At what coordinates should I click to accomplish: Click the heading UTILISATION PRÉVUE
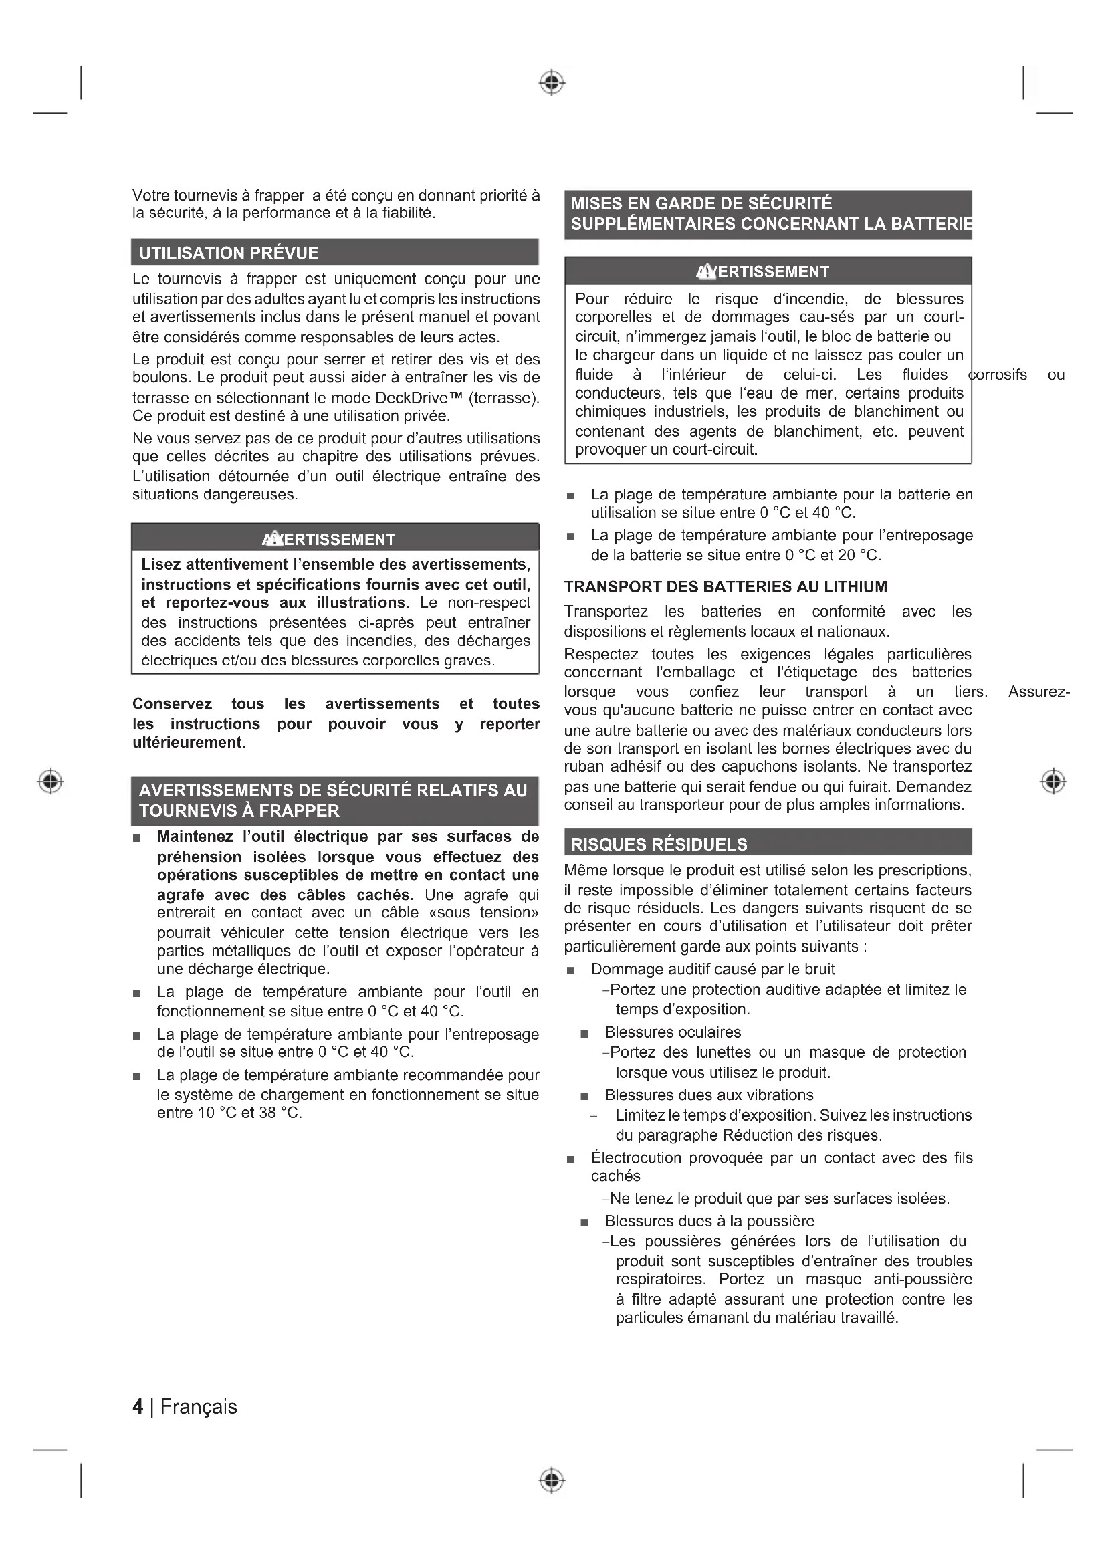click(x=229, y=253)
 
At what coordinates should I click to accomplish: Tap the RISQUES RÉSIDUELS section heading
click(x=659, y=845)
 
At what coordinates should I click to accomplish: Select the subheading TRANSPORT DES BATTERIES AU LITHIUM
click(x=726, y=587)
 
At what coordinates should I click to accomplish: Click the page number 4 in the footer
click(x=138, y=1407)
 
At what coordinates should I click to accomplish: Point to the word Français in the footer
click(x=199, y=1407)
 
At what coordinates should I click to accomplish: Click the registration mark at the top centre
click(x=552, y=82)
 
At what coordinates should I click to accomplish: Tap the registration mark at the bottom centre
click(x=552, y=1480)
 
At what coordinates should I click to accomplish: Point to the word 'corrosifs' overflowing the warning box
click(x=998, y=374)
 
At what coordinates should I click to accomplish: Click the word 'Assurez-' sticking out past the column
click(x=1038, y=692)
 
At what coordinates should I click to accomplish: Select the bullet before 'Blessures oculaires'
click(x=584, y=1034)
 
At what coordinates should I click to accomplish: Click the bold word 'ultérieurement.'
click(x=189, y=742)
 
